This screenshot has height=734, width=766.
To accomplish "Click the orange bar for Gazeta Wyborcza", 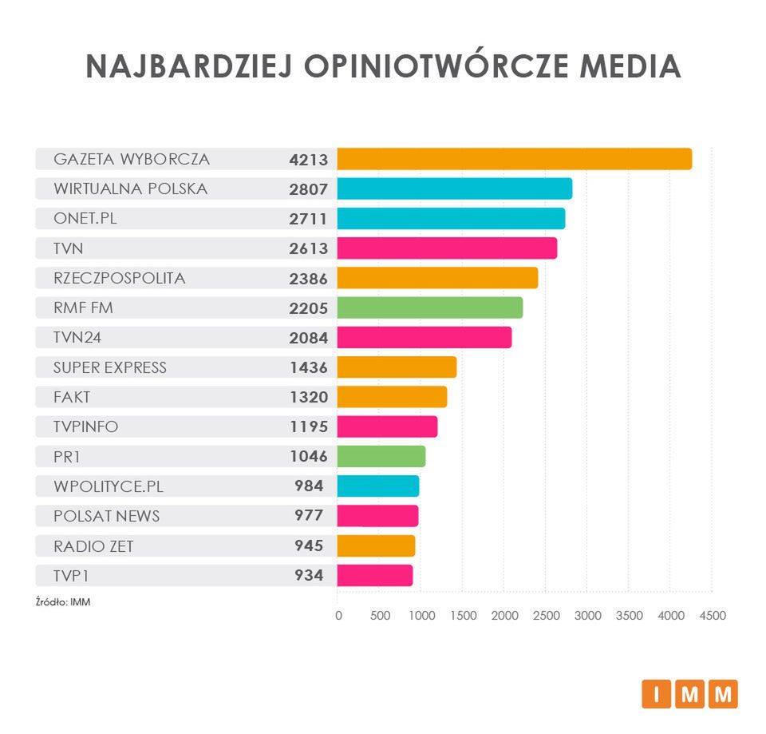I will point(514,159).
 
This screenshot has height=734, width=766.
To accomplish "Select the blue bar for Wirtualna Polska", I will point(454,188).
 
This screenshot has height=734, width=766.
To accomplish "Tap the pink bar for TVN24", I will point(424,338).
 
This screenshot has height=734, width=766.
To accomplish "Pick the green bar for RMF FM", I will point(429,307).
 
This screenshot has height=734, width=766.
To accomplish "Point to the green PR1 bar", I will point(381,456).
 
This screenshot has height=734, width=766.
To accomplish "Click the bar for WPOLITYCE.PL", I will point(377,486).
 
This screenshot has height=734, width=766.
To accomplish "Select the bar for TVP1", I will point(374,575).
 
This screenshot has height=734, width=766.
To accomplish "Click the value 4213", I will point(309,160).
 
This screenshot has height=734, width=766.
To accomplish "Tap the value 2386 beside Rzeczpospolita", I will point(309,278).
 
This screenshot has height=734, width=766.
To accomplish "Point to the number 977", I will point(309,516).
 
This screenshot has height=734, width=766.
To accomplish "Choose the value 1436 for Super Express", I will point(309,367).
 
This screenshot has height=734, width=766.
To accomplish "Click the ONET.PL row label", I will point(85,218).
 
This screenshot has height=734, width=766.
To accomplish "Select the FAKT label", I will point(72,397).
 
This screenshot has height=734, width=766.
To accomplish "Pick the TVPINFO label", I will point(85,427).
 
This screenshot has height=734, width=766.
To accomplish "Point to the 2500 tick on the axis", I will point(546,616).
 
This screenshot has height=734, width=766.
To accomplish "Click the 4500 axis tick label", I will point(713,616).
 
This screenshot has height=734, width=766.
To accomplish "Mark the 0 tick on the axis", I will point(338,616).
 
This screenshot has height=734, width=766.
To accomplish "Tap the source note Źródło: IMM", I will point(63,602).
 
